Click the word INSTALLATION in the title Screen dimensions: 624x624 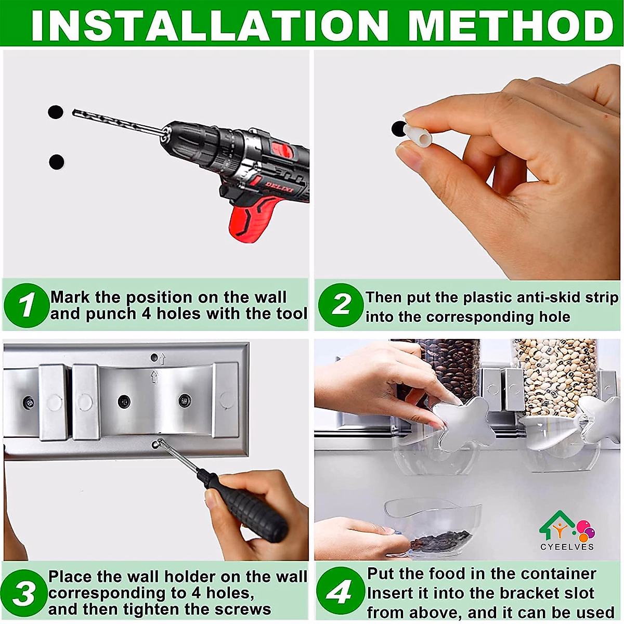(208, 25)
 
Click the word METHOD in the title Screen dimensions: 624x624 (511, 25)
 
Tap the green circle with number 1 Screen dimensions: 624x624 (26, 305)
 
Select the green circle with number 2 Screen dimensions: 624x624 (341, 305)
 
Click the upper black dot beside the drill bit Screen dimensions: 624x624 (56, 112)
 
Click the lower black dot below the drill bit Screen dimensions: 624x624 (57, 162)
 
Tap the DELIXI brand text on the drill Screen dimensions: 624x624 (279, 187)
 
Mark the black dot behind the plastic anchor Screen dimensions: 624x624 (398, 128)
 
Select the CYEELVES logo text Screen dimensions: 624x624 (567, 547)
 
